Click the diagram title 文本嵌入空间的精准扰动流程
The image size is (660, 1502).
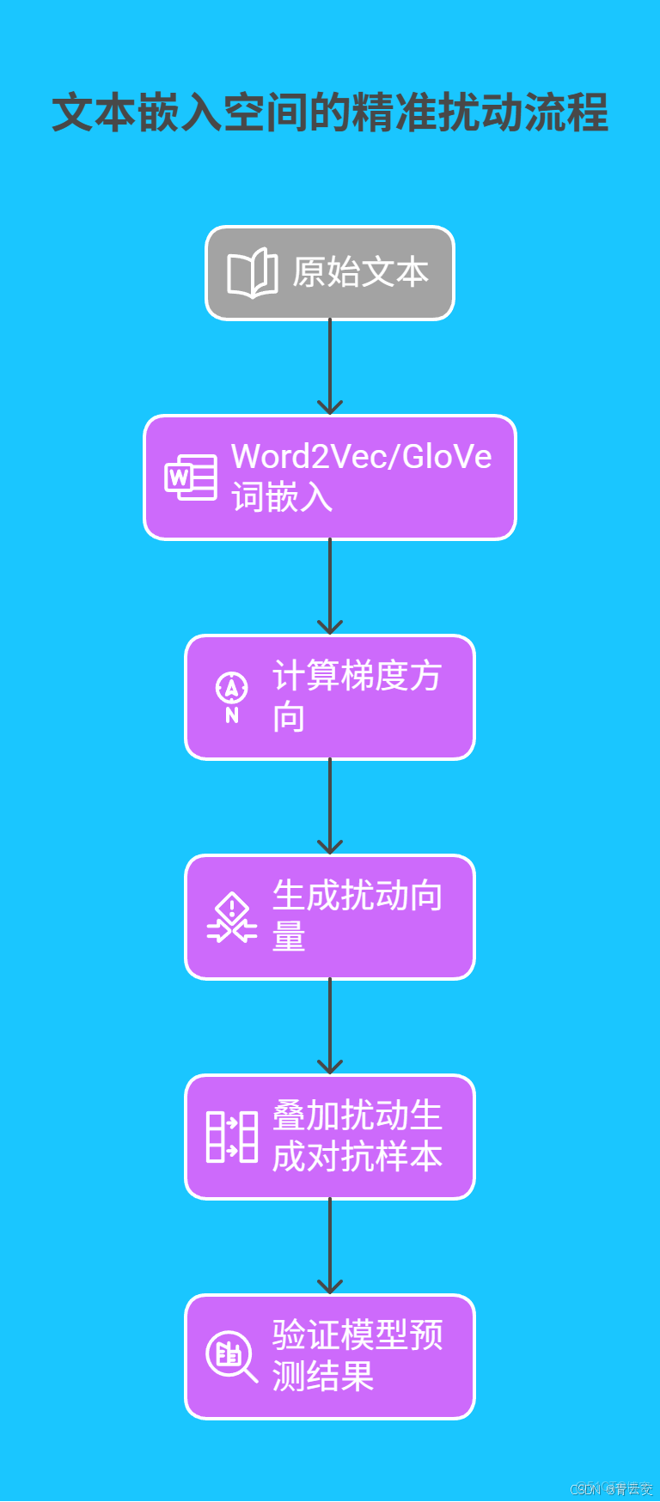click(x=330, y=113)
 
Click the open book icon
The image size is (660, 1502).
click(x=252, y=274)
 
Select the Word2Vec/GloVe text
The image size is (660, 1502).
click(x=361, y=457)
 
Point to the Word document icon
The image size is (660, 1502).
click(x=191, y=477)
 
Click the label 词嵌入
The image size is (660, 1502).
click(x=282, y=497)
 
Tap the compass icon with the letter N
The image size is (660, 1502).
click(x=231, y=697)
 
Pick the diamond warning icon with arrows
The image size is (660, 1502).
click(x=231, y=917)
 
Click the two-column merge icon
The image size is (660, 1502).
click(x=231, y=1137)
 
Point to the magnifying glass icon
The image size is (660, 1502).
click(x=231, y=1357)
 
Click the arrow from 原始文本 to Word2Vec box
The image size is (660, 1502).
click(x=330, y=367)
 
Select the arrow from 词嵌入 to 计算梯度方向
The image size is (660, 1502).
click(x=330, y=587)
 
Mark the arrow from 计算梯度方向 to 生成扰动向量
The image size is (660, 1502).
click(x=330, y=807)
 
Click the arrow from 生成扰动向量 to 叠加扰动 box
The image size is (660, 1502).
click(x=330, y=1027)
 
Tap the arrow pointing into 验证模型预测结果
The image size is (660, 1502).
click(x=330, y=1247)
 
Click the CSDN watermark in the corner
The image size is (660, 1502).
click(x=611, y=1489)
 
